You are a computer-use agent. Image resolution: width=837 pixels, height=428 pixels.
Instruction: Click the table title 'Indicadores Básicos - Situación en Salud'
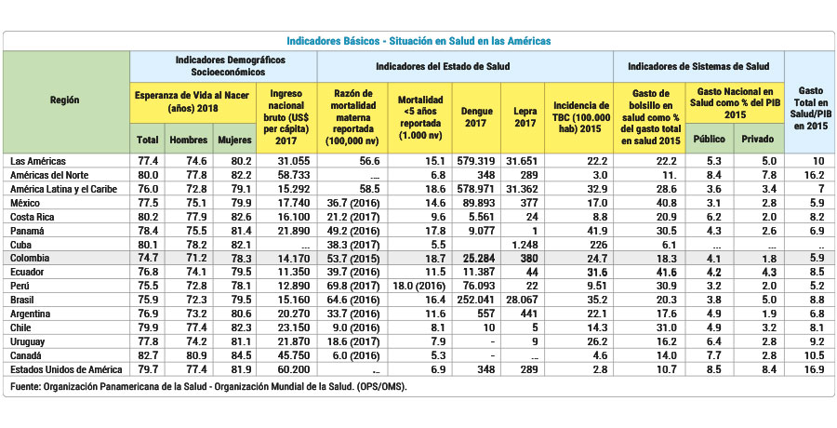tap(418, 41)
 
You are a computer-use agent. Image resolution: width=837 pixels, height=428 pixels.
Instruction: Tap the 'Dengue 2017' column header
tap(476, 117)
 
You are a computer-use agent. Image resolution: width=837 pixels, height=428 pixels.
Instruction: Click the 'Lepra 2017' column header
tap(525, 117)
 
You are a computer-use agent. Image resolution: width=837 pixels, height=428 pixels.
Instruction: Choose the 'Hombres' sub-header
tap(189, 140)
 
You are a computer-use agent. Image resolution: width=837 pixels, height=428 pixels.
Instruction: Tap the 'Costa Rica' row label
tap(34, 216)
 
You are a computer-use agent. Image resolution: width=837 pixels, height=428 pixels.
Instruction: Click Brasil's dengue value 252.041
tap(476, 301)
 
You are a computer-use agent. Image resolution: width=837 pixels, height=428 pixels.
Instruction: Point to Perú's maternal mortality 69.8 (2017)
tap(352, 286)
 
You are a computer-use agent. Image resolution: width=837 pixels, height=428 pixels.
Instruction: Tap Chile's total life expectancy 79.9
tap(147, 328)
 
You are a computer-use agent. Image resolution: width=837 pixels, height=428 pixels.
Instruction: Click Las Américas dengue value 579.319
tap(476, 161)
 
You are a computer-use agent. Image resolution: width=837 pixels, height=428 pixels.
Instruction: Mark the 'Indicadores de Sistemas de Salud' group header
tap(698, 67)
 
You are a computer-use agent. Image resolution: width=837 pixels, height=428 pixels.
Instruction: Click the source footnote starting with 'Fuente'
tap(209, 385)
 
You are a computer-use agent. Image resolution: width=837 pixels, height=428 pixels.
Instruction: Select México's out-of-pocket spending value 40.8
tap(647, 202)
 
